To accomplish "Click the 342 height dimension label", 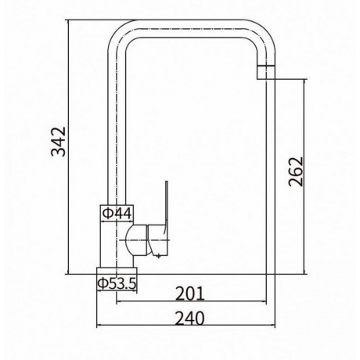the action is (x=59, y=142).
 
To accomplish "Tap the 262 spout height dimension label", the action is (x=296, y=171).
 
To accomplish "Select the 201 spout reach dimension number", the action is (x=190, y=294).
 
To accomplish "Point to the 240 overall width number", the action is (x=190, y=319).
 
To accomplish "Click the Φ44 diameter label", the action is (x=117, y=214).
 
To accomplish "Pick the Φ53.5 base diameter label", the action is (x=117, y=283).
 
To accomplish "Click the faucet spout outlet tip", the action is (x=266, y=72).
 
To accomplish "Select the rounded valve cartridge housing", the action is (x=135, y=240).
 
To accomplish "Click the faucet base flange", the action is (x=117, y=271).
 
